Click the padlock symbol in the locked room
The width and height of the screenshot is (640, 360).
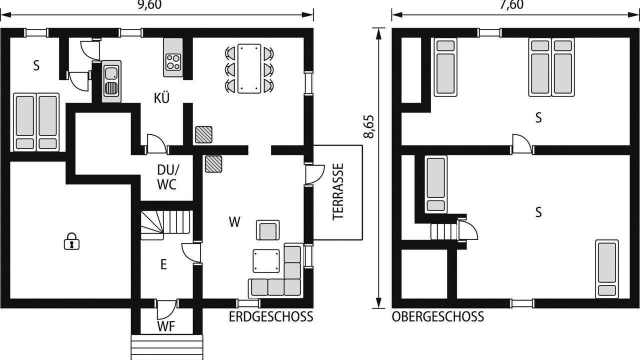[71, 241]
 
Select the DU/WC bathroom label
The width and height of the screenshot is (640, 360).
[167, 177]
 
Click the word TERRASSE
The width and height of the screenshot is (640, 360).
[338, 191]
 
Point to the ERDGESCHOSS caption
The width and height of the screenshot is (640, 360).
[271, 317]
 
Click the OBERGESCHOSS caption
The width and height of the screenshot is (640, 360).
[437, 317]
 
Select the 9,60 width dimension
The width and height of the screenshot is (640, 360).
[149, 4]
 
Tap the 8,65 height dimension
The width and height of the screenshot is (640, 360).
[369, 126]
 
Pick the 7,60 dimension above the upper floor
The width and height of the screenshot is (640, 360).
[511, 4]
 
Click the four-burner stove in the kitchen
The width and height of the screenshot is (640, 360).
[173, 62]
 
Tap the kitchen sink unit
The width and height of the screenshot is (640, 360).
[111, 81]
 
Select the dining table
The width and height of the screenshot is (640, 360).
[249, 68]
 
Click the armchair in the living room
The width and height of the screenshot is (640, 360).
[267, 230]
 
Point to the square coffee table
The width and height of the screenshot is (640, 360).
[266, 261]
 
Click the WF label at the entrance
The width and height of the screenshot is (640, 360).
[166, 326]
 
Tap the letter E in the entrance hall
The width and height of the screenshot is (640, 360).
[163, 264]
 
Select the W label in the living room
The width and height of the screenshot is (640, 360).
[234, 222]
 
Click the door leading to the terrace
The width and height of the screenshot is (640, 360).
[314, 174]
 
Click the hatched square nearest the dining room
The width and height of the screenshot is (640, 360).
[203, 134]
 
